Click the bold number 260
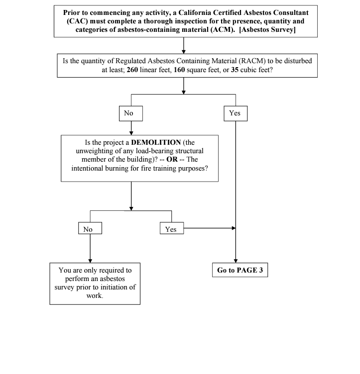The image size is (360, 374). (x=132, y=70)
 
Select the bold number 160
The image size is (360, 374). (x=179, y=70)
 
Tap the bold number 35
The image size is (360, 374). (x=235, y=70)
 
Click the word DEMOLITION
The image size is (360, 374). (x=156, y=142)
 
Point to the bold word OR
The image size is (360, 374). (x=172, y=159)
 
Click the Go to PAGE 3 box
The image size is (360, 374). (x=240, y=270)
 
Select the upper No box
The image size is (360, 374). (x=131, y=113)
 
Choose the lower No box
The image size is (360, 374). (x=90, y=228)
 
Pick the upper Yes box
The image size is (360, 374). (x=236, y=113)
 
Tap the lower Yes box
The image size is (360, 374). (x=172, y=228)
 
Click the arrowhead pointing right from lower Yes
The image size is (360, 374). (x=234, y=228)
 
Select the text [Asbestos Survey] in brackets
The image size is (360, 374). (x=267, y=29)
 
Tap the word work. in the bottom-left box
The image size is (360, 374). (x=95, y=296)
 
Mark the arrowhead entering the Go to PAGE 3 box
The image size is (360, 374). (x=236, y=261)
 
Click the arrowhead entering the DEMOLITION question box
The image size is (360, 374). (x=131, y=133)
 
